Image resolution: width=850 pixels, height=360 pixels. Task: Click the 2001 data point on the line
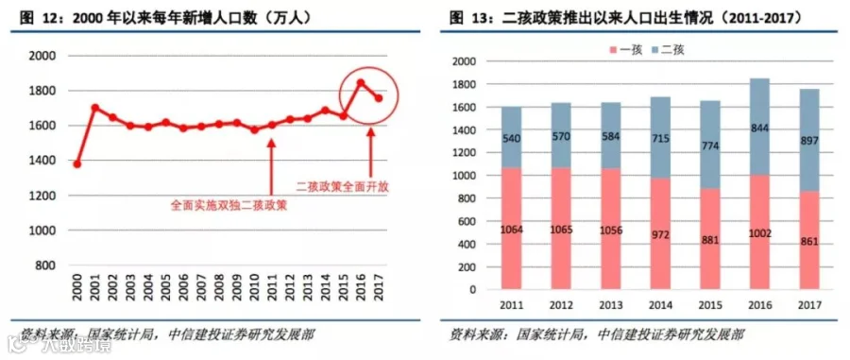coord(94,108)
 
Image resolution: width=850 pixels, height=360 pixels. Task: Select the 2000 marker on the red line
coord(77,163)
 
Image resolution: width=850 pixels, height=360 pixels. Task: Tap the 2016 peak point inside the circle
coord(361,83)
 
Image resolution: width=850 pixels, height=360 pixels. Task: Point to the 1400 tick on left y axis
coord(42,161)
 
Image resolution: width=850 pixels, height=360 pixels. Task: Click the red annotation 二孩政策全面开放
coord(343,187)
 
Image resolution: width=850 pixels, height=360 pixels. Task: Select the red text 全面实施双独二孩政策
coord(229,205)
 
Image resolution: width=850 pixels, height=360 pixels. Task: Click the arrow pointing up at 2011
coord(272,165)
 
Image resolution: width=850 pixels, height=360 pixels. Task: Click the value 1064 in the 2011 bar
coord(512,230)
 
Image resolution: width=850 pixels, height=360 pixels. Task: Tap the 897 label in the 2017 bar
coord(808,141)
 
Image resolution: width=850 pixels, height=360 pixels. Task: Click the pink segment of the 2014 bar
coord(660,233)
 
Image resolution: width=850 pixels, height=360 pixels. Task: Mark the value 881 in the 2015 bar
coord(709,240)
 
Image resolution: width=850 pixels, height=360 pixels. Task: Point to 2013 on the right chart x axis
coord(610,305)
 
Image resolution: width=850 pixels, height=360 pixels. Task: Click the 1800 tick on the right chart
coord(465,85)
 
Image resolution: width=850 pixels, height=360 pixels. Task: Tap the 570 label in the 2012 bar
coord(562,136)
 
